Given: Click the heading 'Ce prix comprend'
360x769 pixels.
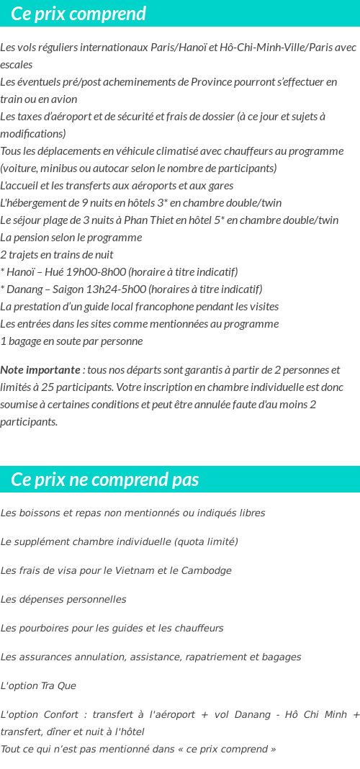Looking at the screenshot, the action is coord(78,14).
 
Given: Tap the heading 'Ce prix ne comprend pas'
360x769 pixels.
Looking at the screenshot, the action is coord(105,480).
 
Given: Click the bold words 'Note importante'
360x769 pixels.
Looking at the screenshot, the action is coord(40,369).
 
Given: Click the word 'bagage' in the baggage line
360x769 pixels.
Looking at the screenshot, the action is coord(24,341).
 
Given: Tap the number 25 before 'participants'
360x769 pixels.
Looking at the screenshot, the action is coord(44,387).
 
